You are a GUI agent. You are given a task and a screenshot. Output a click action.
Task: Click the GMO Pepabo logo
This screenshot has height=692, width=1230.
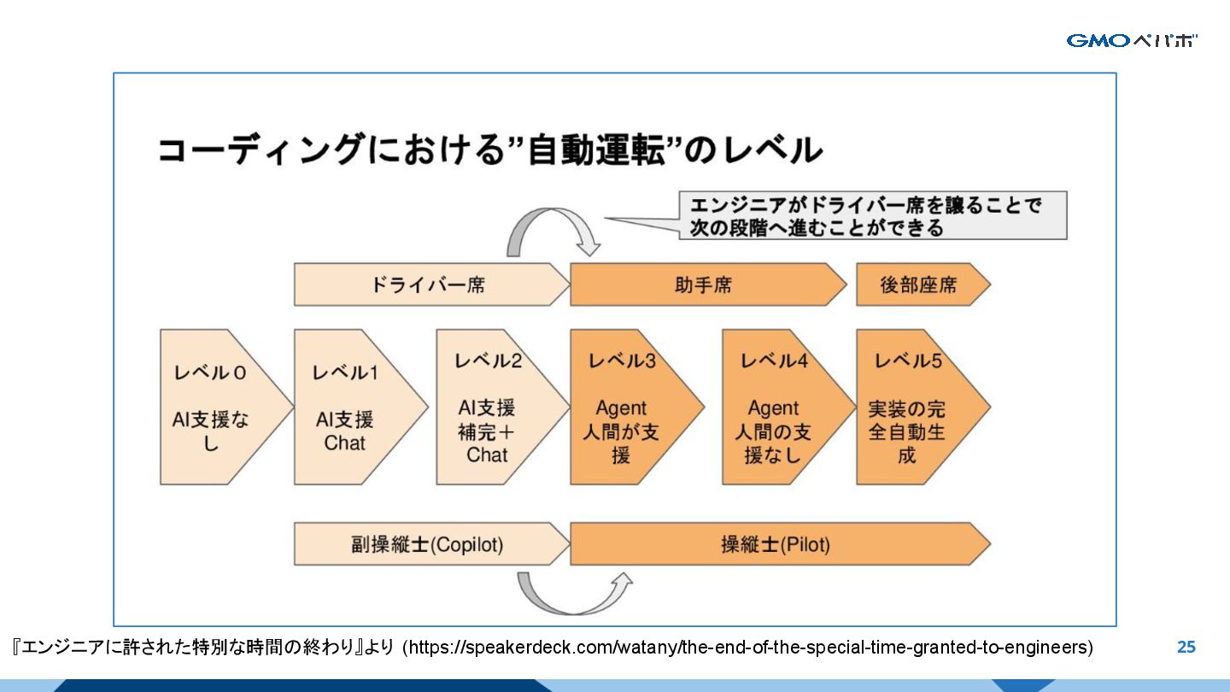pos(1132,40)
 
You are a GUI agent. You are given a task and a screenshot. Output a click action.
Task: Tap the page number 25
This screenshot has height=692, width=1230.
pos(1186,647)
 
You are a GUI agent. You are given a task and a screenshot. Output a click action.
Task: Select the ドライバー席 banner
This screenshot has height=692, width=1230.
pos(427,284)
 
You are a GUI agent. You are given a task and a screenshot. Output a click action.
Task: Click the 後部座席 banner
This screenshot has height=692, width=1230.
pos(918,284)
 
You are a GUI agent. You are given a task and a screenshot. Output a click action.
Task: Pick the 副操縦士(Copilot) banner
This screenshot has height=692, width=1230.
pos(427,544)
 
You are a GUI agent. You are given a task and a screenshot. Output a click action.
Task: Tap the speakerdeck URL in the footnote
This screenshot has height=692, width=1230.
pos(747,647)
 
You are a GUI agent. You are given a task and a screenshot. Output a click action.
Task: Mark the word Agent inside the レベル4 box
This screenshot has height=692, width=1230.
pos(773,408)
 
